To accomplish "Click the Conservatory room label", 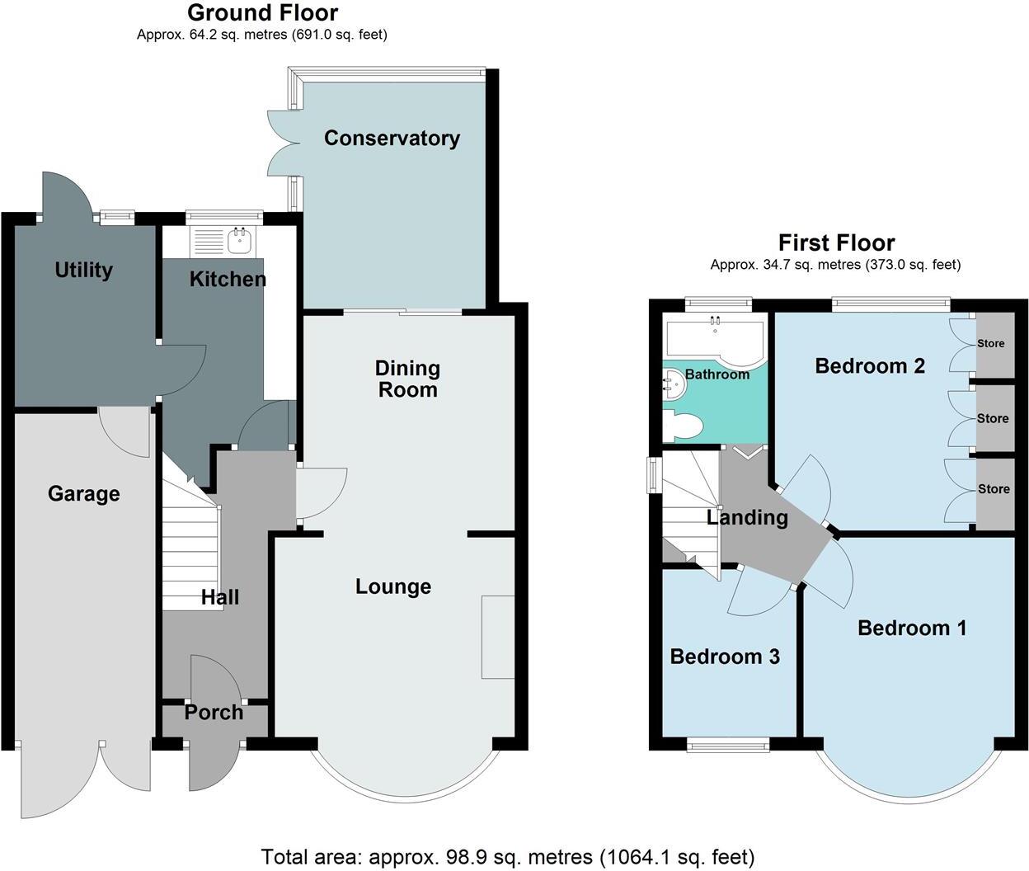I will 392,138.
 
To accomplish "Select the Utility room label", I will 83,270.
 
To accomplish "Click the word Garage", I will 83,493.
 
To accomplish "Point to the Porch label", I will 214,712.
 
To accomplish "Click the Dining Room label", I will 407,379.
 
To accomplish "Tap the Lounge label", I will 393,586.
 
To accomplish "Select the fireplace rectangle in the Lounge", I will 497,637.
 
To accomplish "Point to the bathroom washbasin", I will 674,384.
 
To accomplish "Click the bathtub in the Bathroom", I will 715,337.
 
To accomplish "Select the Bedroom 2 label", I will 870,365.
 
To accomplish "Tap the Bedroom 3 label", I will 725,657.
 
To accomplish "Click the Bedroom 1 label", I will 912,628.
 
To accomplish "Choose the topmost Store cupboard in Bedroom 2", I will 992,343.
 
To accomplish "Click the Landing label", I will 747,517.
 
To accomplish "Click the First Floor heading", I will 836,242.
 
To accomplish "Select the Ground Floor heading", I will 262,13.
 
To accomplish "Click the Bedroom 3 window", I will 728,746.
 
